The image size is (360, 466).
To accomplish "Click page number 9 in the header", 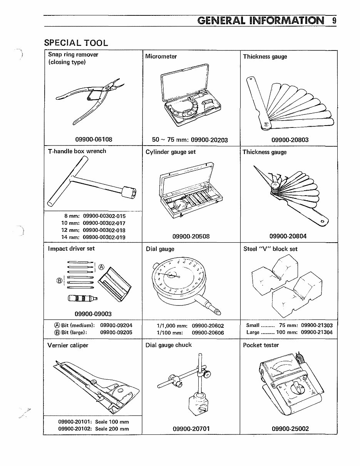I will [335, 20].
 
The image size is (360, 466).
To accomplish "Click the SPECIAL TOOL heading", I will [76, 43].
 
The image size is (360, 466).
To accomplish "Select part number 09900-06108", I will [94, 139].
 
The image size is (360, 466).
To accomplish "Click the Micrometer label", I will [161, 57].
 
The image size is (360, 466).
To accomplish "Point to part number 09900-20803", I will [290, 140].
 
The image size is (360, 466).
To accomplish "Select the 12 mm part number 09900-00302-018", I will [104, 230].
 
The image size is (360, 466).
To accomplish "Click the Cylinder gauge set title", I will [171, 152].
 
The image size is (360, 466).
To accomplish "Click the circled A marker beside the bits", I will [101, 267].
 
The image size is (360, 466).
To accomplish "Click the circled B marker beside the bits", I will [60, 280].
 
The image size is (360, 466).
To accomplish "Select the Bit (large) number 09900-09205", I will [116, 332].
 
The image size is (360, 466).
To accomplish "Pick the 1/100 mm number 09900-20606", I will [208, 333].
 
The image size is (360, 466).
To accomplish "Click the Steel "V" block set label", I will [270, 249].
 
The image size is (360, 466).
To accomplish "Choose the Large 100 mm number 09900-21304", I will [316, 332].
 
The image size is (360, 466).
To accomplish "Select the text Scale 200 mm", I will [112, 429].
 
